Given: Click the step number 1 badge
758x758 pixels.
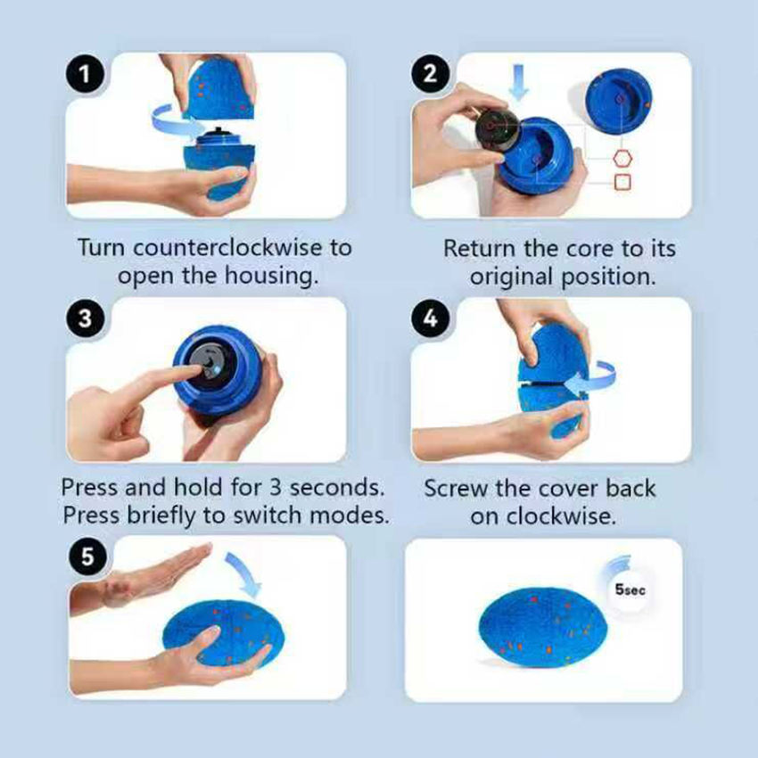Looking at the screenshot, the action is tap(85, 74).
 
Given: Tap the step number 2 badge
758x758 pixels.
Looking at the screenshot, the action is tap(430, 74).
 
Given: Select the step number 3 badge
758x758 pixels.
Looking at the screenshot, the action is tap(85, 318).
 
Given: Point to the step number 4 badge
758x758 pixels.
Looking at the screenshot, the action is tap(430, 318).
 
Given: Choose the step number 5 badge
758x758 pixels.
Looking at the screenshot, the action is tap(87, 556).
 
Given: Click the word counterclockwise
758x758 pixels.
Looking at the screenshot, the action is tap(227, 248).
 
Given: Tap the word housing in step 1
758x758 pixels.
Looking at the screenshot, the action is tap(271, 276).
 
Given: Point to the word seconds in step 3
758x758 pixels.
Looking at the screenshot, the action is tap(337, 487).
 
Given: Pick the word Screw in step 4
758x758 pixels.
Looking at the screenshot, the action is tap(456, 489).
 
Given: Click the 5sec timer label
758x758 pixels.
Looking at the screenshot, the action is tap(630, 589).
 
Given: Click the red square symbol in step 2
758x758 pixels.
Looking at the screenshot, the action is tap(622, 182).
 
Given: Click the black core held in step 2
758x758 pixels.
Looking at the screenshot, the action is tap(498, 128).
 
